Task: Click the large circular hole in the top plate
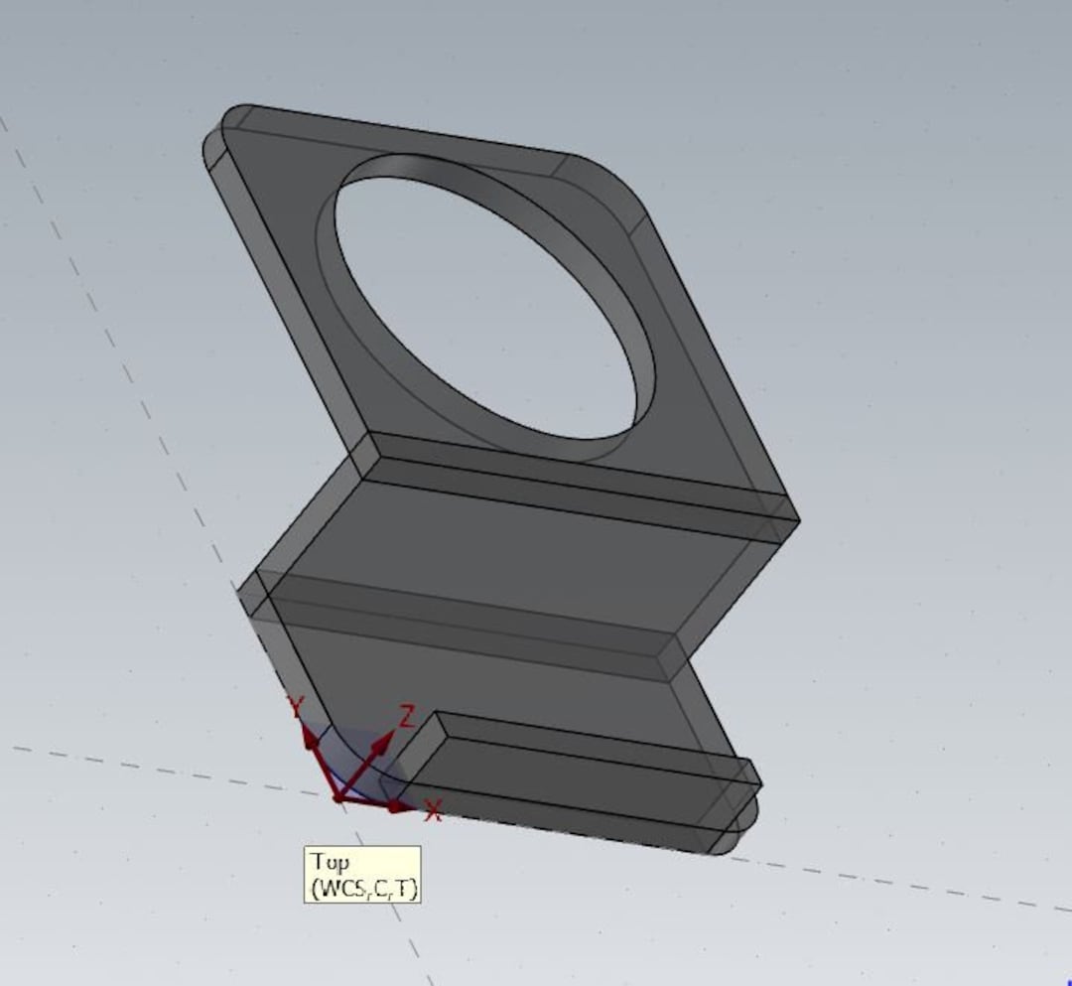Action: pyautogui.click(x=486, y=308)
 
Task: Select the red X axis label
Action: pyautogui.click(x=433, y=811)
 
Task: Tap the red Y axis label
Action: pyautogui.click(x=295, y=706)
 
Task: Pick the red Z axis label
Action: pyautogui.click(x=406, y=715)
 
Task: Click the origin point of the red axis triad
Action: pyautogui.click(x=338, y=796)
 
